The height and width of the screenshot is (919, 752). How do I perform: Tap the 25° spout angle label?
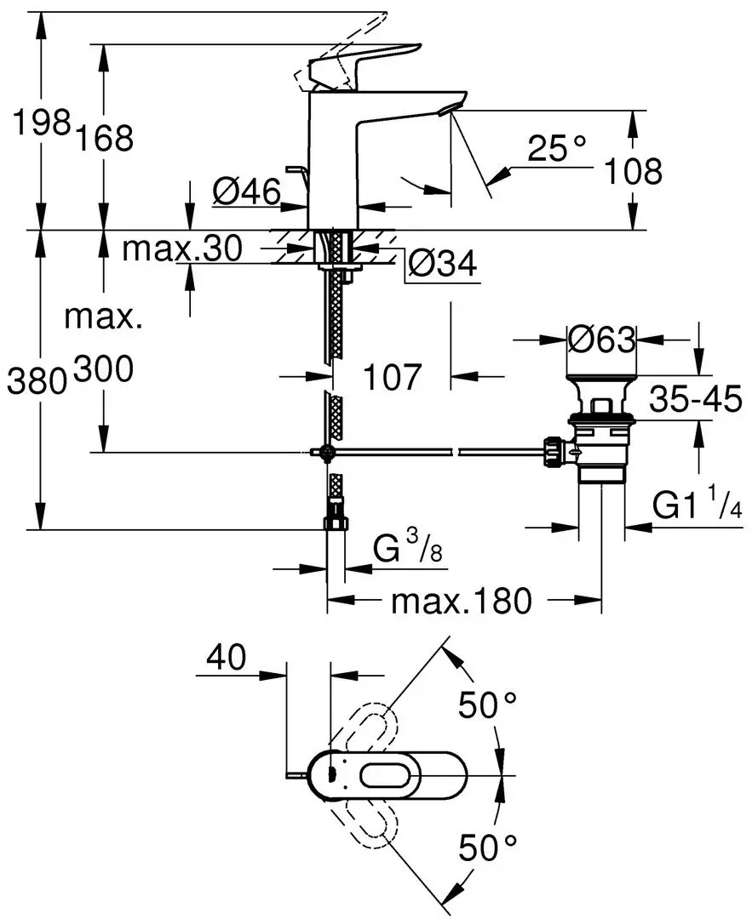click(x=557, y=150)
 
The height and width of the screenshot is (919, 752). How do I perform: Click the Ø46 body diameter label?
click(x=246, y=192)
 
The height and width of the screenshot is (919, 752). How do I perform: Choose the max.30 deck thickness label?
click(x=182, y=248)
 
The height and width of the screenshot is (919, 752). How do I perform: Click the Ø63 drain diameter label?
click(x=602, y=340)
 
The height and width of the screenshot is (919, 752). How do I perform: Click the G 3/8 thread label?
click(x=407, y=552)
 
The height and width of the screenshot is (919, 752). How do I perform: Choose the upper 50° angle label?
click(x=488, y=705)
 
